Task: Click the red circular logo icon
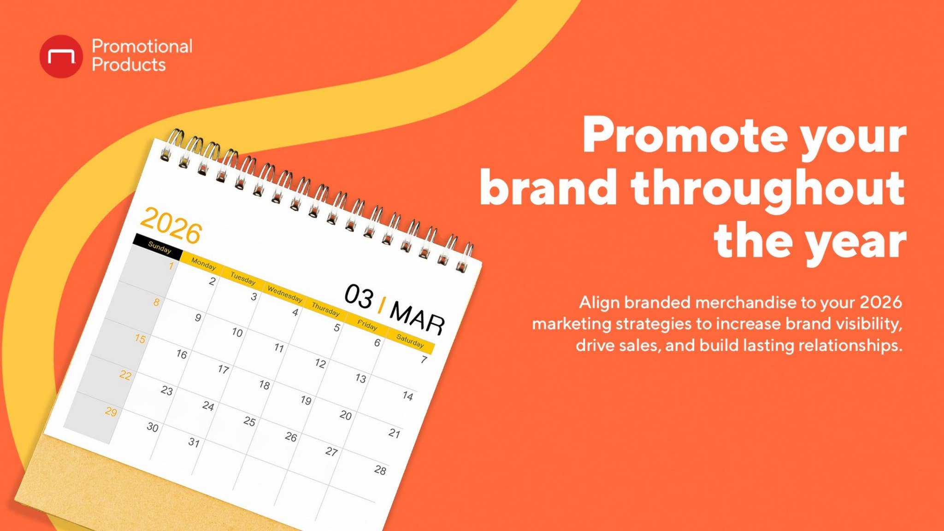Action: point(61,56)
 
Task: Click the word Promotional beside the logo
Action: point(142,46)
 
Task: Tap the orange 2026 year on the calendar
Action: point(171,225)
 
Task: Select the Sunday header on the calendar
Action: point(159,248)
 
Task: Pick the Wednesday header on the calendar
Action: point(285,294)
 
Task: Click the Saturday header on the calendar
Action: point(410,341)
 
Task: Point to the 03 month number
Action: point(359,296)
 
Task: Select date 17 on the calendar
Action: point(223,369)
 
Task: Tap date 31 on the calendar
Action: point(194,442)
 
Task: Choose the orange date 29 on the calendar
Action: point(111,412)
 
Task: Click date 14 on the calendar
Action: point(407,395)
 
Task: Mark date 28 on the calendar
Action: point(380,470)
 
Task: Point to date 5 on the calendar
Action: point(337,327)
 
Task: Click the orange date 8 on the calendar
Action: point(156,302)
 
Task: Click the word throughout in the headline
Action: point(767,188)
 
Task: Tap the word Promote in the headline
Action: point(685,136)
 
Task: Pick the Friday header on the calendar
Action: point(367,325)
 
